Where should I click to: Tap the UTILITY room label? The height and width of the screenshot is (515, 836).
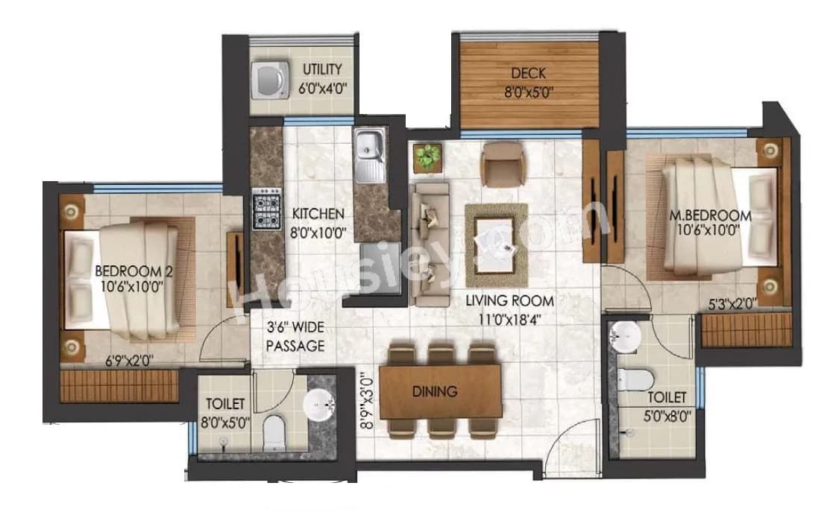323,70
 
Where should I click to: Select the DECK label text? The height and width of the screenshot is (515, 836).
528,73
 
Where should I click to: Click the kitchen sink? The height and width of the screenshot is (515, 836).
368,156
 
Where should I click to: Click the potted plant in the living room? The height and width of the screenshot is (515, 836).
427,156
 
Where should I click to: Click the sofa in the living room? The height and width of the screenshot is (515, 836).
429,244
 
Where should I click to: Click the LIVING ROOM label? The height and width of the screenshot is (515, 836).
510,301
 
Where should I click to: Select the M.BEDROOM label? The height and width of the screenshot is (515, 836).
709,215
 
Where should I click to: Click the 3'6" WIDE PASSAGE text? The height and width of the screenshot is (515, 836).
296,336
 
